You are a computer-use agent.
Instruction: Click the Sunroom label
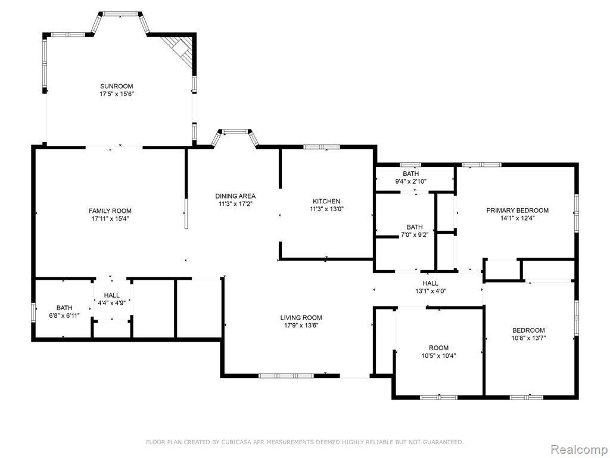[x=117, y=86]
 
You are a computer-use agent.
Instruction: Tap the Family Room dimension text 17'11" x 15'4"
[x=110, y=218]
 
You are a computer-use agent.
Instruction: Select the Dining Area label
[x=235, y=196]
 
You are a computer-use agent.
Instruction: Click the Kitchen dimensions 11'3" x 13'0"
[x=326, y=208]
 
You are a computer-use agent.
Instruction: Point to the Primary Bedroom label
[x=518, y=211]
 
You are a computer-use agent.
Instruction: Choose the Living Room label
[x=301, y=317]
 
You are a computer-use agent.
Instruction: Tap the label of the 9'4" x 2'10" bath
[x=411, y=174]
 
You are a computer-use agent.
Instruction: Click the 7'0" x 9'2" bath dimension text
[x=415, y=234]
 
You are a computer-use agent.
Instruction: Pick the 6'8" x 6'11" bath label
[x=64, y=308]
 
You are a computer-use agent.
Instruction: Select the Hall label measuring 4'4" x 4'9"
[x=111, y=295]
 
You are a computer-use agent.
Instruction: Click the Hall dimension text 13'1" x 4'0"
[x=431, y=290]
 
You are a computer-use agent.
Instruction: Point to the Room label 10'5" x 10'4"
[x=439, y=348]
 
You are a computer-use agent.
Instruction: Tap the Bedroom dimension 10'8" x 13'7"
[x=529, y=338]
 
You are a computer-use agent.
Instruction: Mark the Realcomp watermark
[x=579, y=450]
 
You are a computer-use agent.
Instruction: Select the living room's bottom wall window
[x=287, y=376]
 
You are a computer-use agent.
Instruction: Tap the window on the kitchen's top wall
[x=322, y=147]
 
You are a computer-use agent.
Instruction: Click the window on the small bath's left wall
[x=33, y=311]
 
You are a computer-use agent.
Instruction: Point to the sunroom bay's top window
[x=120, y=14]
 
